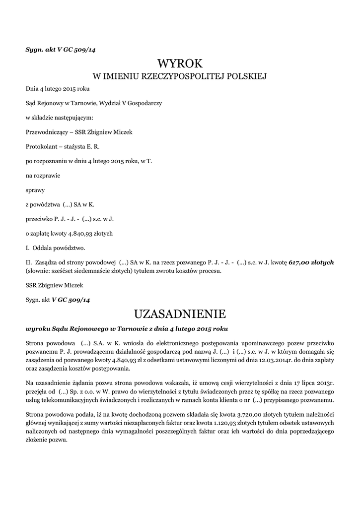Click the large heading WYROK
pos(180,63)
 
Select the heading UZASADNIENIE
pos(180,314)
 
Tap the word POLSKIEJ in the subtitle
pos(245,76)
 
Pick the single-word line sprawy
pos(35,190)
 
